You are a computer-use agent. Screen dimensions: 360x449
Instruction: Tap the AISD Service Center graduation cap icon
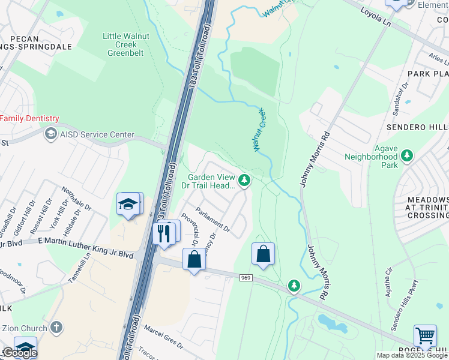[x=51, y=134]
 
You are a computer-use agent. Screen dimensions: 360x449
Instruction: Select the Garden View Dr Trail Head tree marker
[x=244, y=180]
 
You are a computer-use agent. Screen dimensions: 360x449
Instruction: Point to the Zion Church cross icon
[x=56, y=328]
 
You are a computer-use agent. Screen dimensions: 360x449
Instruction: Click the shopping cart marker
[x=425, y=336]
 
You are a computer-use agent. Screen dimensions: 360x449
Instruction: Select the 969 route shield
[x=246, y=278]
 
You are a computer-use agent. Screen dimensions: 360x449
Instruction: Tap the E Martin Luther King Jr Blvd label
[x=85, y=247]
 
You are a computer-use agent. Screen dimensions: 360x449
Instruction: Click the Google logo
[x=19, y=353]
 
